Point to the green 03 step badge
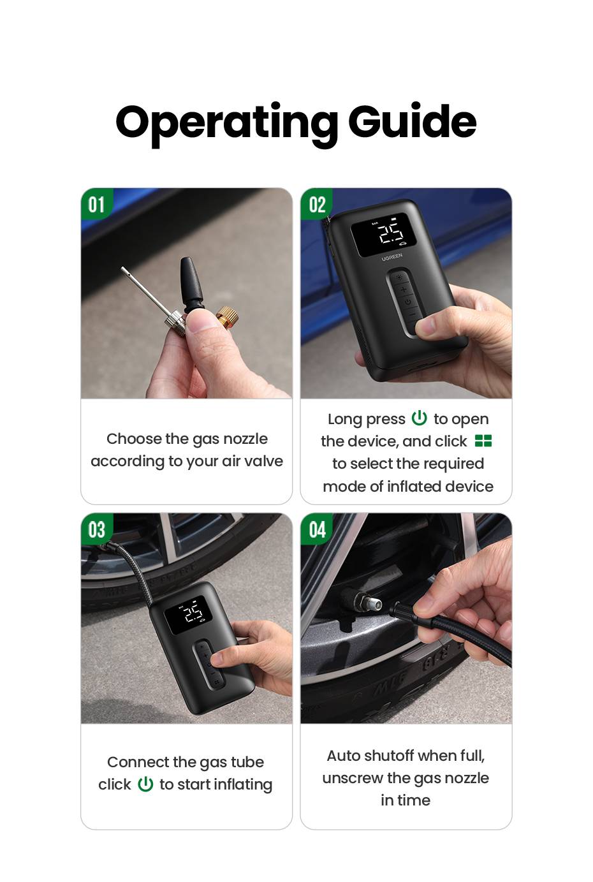[x=96, y=529]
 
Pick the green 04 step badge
[x=316, y=529]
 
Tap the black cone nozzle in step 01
[x=192, y=283]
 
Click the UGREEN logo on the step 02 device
[x=392, y=257]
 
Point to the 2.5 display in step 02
[x=391, y=233]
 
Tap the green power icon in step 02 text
[x=420, y=418]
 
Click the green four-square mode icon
[x=483, y=441]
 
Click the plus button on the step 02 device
[x=403, y=290]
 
